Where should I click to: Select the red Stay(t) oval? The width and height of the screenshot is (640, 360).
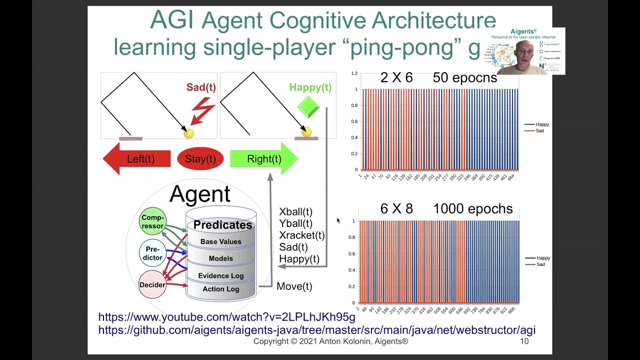200,159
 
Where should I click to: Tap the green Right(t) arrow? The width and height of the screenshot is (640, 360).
263,159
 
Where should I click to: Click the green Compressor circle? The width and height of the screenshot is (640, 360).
152,221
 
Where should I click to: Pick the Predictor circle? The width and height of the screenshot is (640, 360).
152,253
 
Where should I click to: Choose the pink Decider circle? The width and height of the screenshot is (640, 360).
152,284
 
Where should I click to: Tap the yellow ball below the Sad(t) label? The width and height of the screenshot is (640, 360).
188,133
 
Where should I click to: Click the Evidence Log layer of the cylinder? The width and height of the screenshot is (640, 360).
220,275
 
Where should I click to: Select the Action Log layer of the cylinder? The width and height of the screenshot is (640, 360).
220,289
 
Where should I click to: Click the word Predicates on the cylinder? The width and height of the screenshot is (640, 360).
222,225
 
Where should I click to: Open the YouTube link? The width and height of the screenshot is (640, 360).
226,317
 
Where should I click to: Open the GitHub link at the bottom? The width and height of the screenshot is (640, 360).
316,330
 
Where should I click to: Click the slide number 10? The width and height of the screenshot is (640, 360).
524,341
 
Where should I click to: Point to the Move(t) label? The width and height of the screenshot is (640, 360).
294,286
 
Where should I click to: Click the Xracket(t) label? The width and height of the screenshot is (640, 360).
301,235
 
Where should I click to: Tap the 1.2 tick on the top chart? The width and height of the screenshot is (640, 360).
354,73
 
